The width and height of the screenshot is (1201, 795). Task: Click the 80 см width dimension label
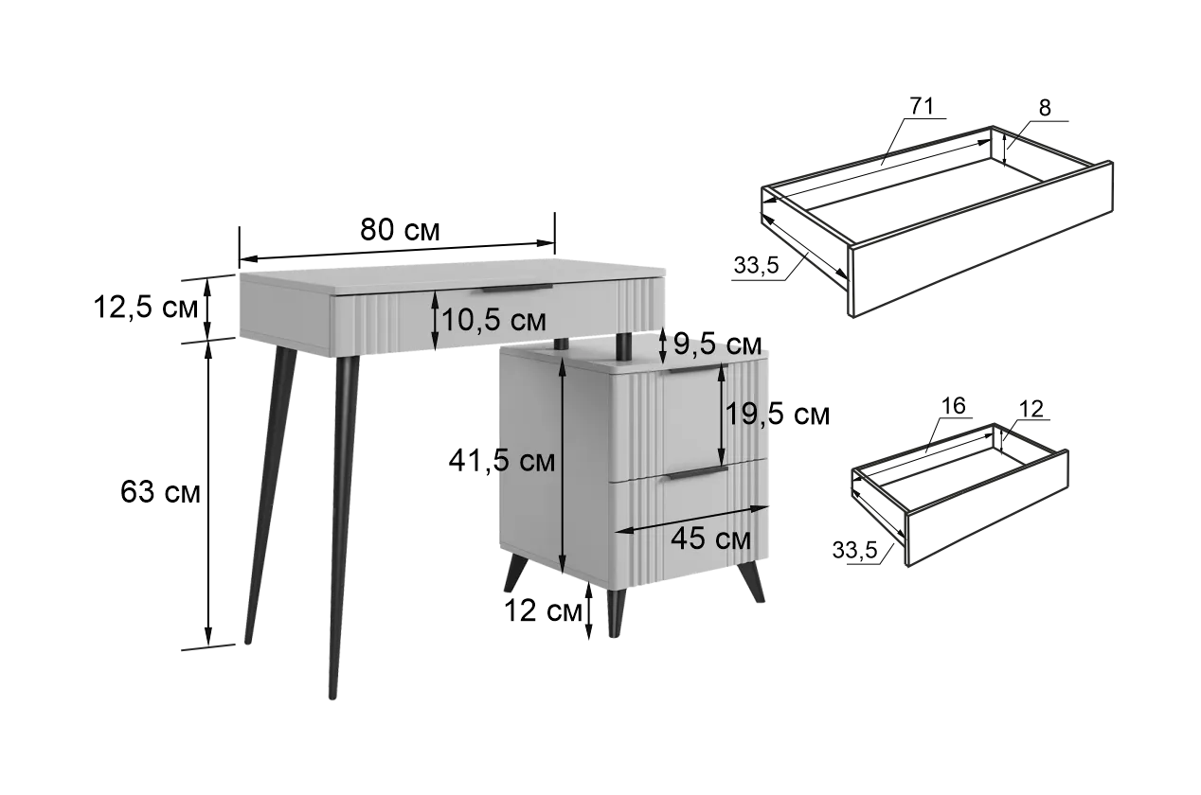click(x=400, y=230)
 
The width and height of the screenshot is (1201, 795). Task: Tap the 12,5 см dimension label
click(x=146, y=308)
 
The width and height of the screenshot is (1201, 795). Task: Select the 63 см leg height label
click(x=160, y=492)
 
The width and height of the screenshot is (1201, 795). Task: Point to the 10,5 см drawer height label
click(x=493, y=320)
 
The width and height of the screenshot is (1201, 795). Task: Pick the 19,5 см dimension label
click(x=778, y=415)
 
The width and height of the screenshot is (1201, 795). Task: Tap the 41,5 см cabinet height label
click(x=501, y=461)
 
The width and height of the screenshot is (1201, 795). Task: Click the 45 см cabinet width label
click(x=710, y=538)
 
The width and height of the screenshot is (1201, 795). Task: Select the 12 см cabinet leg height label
click(x=543, y=610)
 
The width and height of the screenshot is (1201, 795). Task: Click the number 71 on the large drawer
click(x=922, y=106)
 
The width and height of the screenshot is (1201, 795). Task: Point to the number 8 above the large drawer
click(x=1045, y=108)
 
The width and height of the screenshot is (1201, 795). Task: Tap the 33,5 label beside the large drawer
click(x=756, y=265)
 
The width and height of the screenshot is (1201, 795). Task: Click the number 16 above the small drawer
click(x=954, y=405)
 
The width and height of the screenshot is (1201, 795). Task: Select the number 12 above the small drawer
click(x=1031, y=409)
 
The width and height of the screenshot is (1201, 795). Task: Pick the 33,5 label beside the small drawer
click(x=854, y=550)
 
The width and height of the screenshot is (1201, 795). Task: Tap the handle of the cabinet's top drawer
click(x=696, y=369)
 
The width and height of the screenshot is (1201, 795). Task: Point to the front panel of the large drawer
click(x=982, y=239)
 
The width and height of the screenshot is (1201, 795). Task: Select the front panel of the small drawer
click(x=987, y=507)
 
